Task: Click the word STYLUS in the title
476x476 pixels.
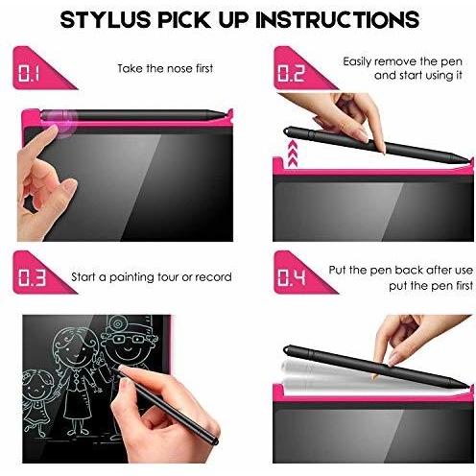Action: pos(106,20)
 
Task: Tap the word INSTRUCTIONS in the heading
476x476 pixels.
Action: pos(338,20)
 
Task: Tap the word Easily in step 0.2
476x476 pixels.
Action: pos(357,62)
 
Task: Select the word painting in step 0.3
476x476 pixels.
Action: pos(131,277)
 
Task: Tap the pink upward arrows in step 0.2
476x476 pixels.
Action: pos(293,153)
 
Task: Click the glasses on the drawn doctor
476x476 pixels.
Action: pos(129,339)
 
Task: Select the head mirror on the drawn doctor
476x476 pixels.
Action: pos(117,323)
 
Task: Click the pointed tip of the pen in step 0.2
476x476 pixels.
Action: pos(470,160)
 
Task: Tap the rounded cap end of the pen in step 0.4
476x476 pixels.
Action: pos(286,349)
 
